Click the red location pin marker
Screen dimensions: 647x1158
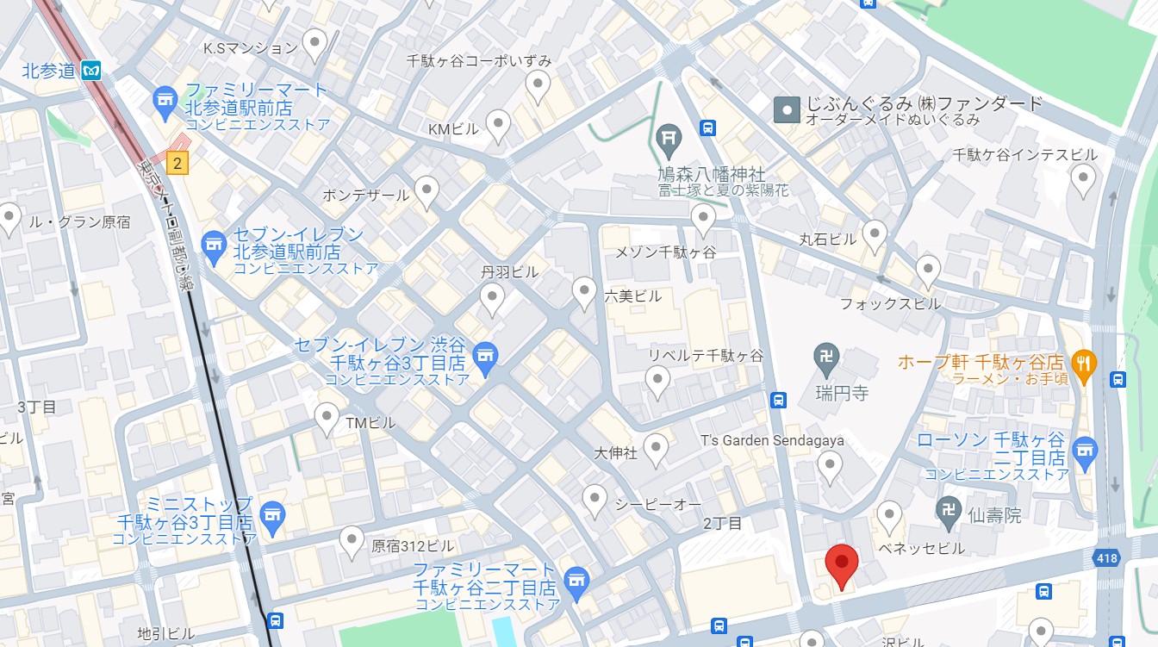coord(841,563)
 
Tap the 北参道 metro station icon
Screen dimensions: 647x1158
coord(91,71)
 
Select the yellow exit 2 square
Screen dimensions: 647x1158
coord(177,162)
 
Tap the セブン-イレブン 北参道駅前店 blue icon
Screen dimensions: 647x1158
coord(214,245)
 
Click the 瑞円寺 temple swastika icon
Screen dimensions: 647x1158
coord(826,355)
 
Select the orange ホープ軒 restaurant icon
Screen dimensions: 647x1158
coord(1084,362)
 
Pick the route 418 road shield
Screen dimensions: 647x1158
coord(1108,559)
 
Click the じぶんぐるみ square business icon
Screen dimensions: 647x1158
coord(786,110)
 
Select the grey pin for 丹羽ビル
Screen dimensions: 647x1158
coord(492,298)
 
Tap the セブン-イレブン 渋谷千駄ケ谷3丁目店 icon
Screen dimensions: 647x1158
coord(486,354)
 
